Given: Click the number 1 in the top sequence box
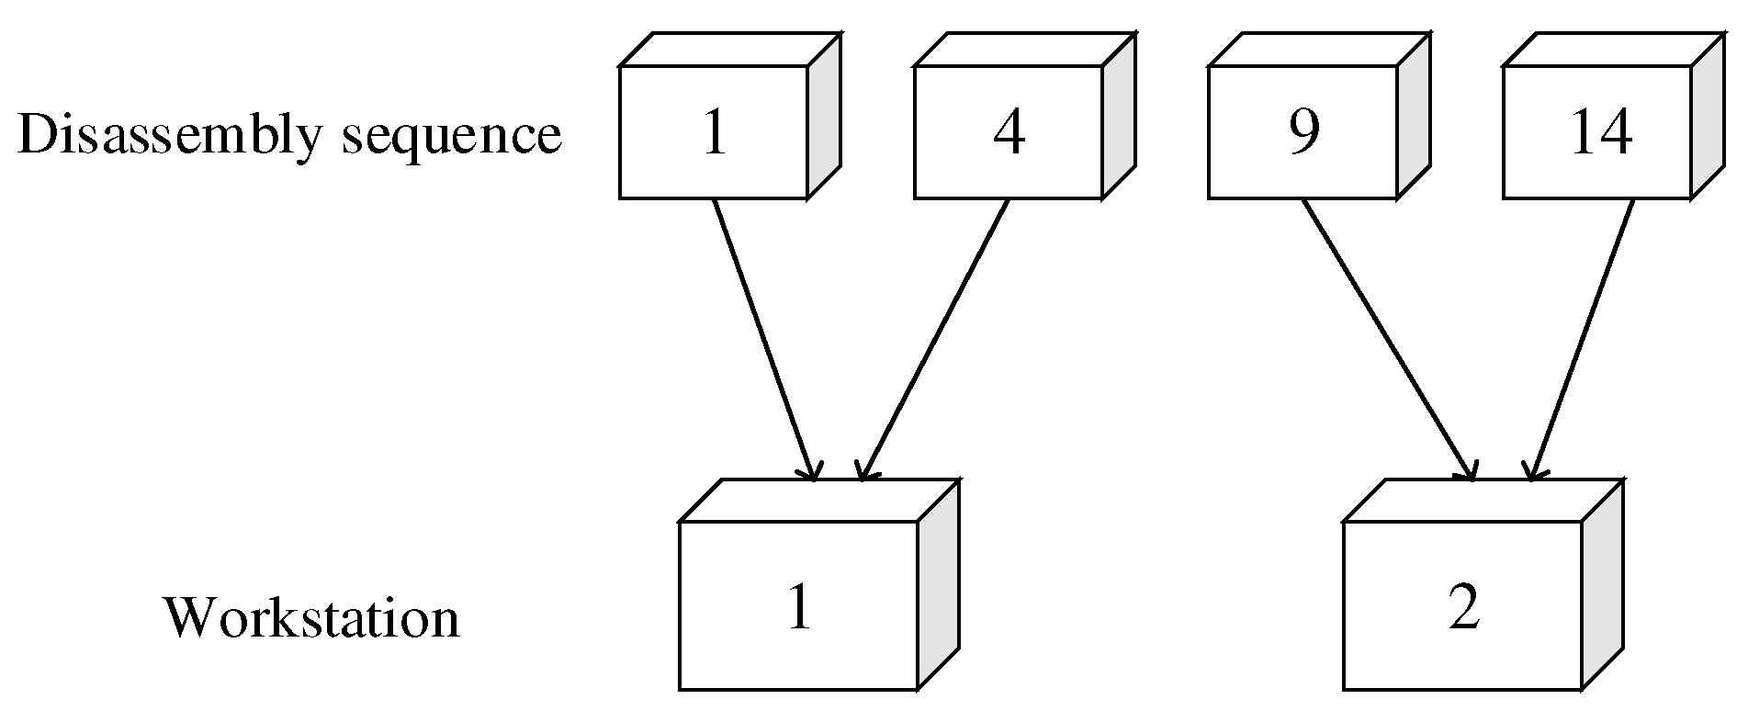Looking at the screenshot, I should (x=714, y=133).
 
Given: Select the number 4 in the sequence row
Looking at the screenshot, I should (x=1009, y=133).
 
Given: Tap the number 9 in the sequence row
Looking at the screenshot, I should (x=1303, y=131).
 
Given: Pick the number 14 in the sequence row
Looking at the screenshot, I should (x=1601, y=133).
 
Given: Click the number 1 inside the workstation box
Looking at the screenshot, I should (x=799, y=607).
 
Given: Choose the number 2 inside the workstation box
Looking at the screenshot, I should (x=1463, y=607).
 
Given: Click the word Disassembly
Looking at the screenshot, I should (x=169, y=135).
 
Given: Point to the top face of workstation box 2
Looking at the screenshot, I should (x=1483, y=501).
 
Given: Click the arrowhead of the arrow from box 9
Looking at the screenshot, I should (x=1469, y=470).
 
